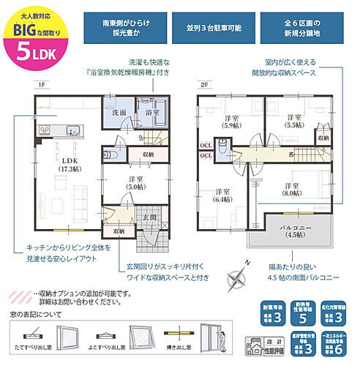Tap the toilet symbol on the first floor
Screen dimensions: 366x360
tap(110, 154)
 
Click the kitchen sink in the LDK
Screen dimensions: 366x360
tap(72, 131)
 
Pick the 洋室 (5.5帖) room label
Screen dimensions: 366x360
tap(293, 121)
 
